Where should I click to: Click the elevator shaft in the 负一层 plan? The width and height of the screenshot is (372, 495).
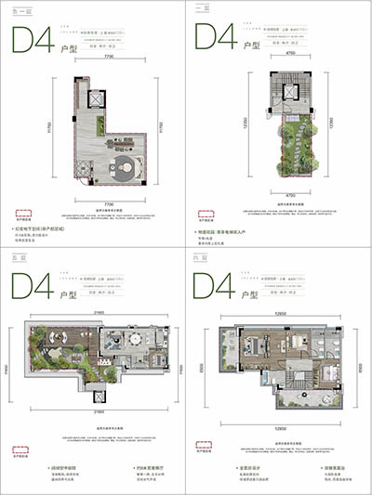[94, 98]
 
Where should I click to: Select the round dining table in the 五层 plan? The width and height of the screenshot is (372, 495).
[139, 341]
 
